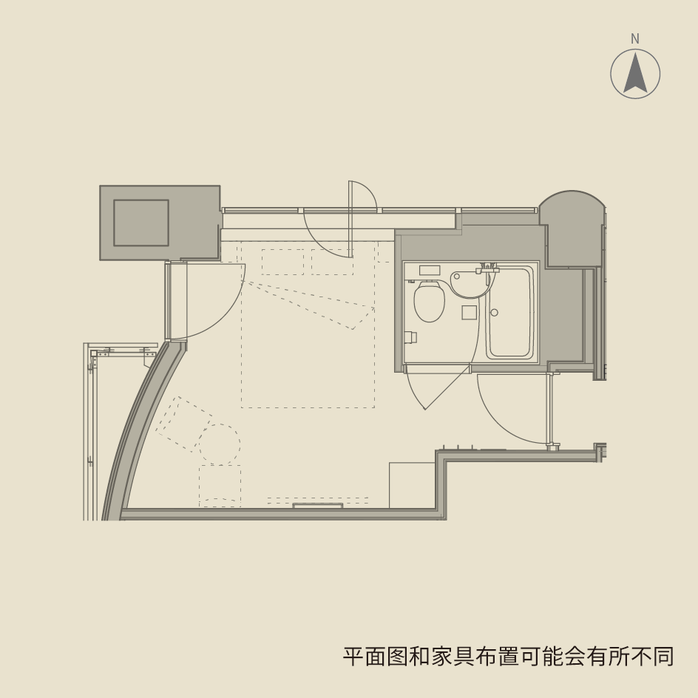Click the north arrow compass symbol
tap(635, 74)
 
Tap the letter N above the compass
tap(635, 39)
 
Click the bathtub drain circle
tap(494, 313)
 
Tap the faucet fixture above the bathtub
tap(488, 268)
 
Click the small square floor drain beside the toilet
tap(469, 312)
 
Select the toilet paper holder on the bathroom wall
tap(412, 338)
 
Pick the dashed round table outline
tap(220, 444)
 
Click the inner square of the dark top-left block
tap(140, 223)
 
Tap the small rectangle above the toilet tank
tap(430, 270)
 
